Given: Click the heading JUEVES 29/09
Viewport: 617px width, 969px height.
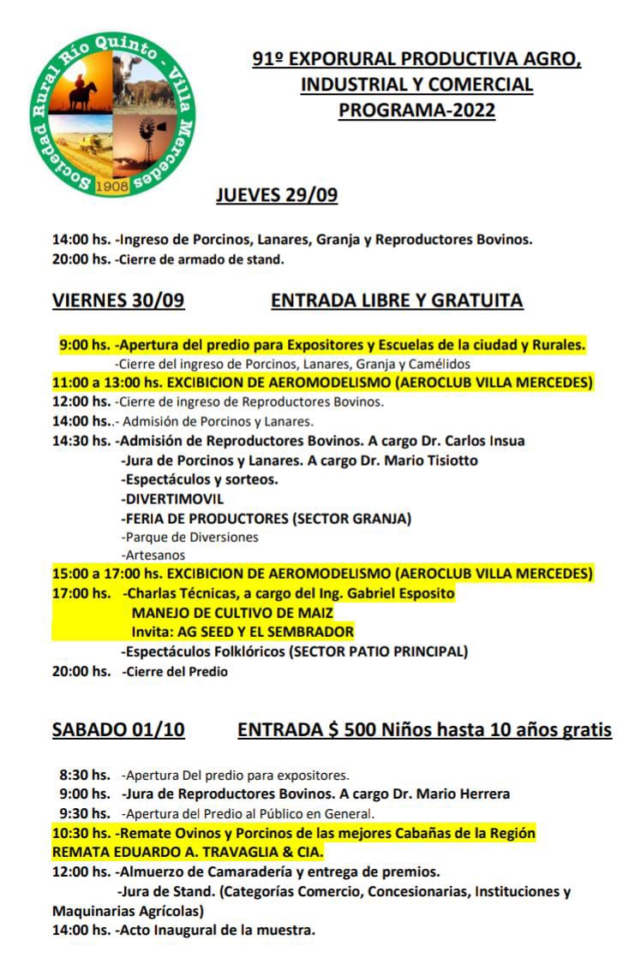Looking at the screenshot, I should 277,195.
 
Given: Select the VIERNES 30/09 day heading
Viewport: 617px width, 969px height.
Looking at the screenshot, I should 118,300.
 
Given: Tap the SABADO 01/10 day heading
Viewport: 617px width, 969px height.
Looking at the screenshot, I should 118,730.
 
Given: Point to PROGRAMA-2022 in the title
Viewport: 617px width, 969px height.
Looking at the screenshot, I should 416,110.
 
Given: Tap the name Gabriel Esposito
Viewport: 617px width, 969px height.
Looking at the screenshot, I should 409,593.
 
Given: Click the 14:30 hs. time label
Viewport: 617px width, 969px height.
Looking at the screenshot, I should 81,441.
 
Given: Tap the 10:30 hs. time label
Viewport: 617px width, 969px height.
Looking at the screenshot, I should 81,833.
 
